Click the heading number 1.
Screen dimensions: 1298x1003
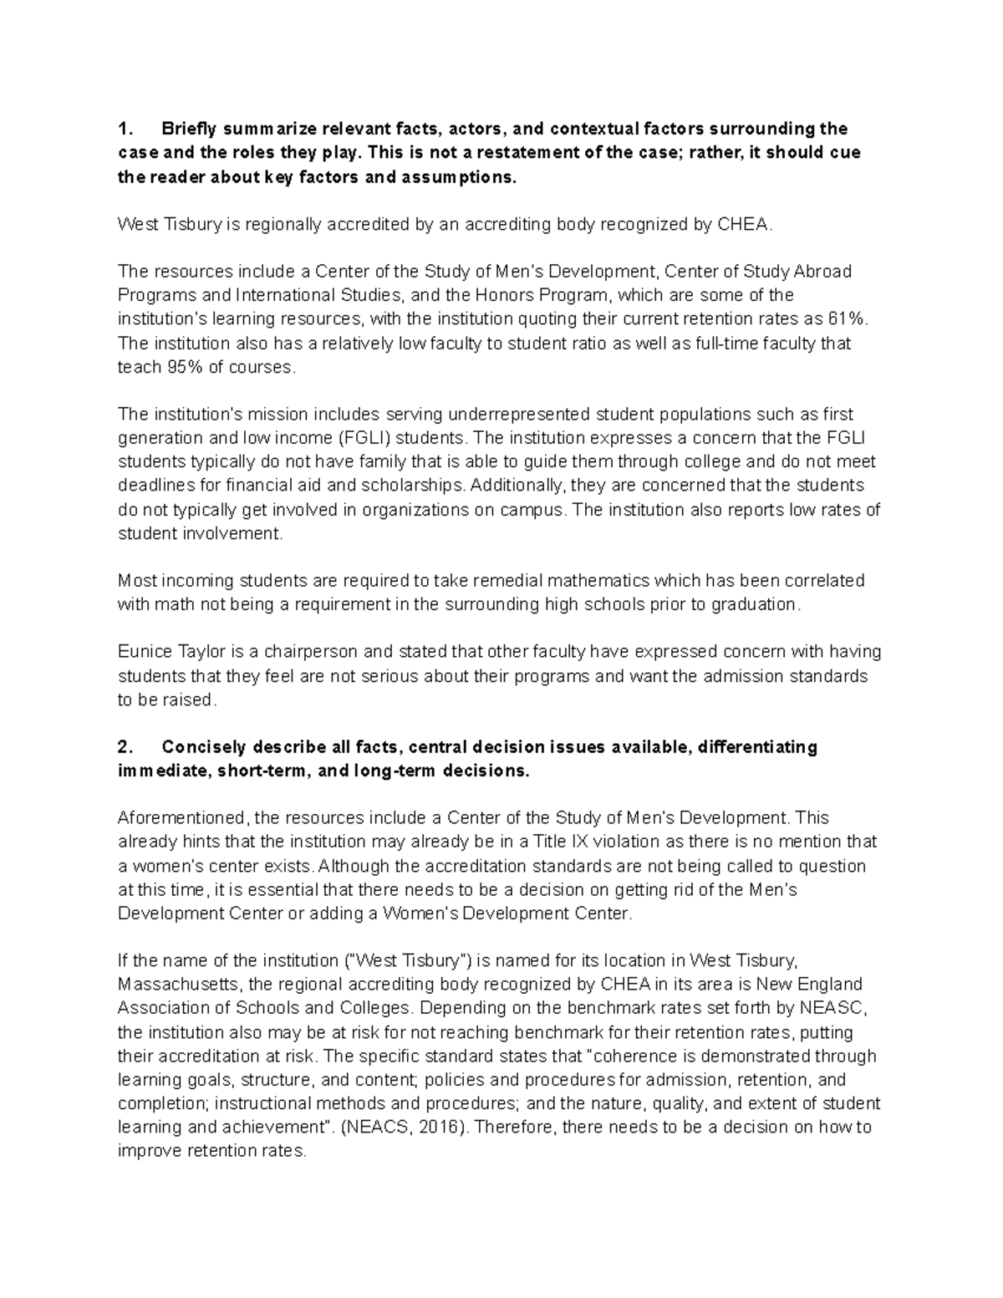(125, 129)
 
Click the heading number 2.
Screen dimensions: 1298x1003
(125, 747)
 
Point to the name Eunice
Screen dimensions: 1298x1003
(142, 652)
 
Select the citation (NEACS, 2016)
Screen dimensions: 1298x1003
(405, 1127)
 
